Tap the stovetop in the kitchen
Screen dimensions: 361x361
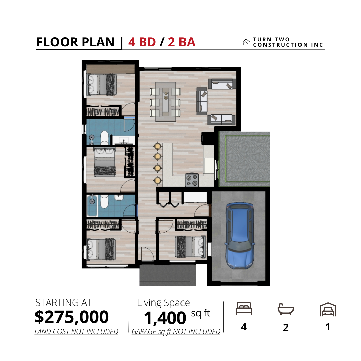pyautogui.click(x=192, y=180)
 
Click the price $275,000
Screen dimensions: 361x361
pyautogui.click(x=72, y=317)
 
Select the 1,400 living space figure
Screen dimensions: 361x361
pyautogui.click(x=165, y=318)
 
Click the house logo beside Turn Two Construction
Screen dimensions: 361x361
pyautogui.click(x=246, y=42)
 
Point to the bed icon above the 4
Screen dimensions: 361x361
pyautogui.click(x=244, y=309)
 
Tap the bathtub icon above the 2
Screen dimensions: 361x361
pyautogui.click(x=286, y=309)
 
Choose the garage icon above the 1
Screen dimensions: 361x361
pyautogui.click(x=328, y=309)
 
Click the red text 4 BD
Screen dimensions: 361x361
pyautogui.click(x=142, y=42)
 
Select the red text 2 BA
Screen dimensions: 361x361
pyautogui.click(x=182, y=42)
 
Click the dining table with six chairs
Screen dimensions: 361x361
pyautogui.click(x=165, y=102)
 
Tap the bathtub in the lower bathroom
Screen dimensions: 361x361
pyautogui.click(x=92, y=205)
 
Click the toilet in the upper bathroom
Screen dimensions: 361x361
pyautogui.click(x=104, y=138)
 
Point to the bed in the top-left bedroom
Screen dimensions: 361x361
pyautogui.click(x=101, y=85)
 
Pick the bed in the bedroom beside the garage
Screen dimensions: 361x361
pyautogui.click(x=191, y=247)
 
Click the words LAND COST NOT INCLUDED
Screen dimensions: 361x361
pyautogui.click(x=76, y=331)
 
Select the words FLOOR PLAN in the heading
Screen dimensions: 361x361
pyautogui.click(x=75, y=42)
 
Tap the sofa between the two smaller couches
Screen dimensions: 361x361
pyautogui.click(x=202, y=101)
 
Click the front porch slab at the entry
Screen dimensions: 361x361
pyautogui.click(x=167, y=275)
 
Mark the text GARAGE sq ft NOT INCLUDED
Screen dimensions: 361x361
pyautogui.click(x=176, y=331)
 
